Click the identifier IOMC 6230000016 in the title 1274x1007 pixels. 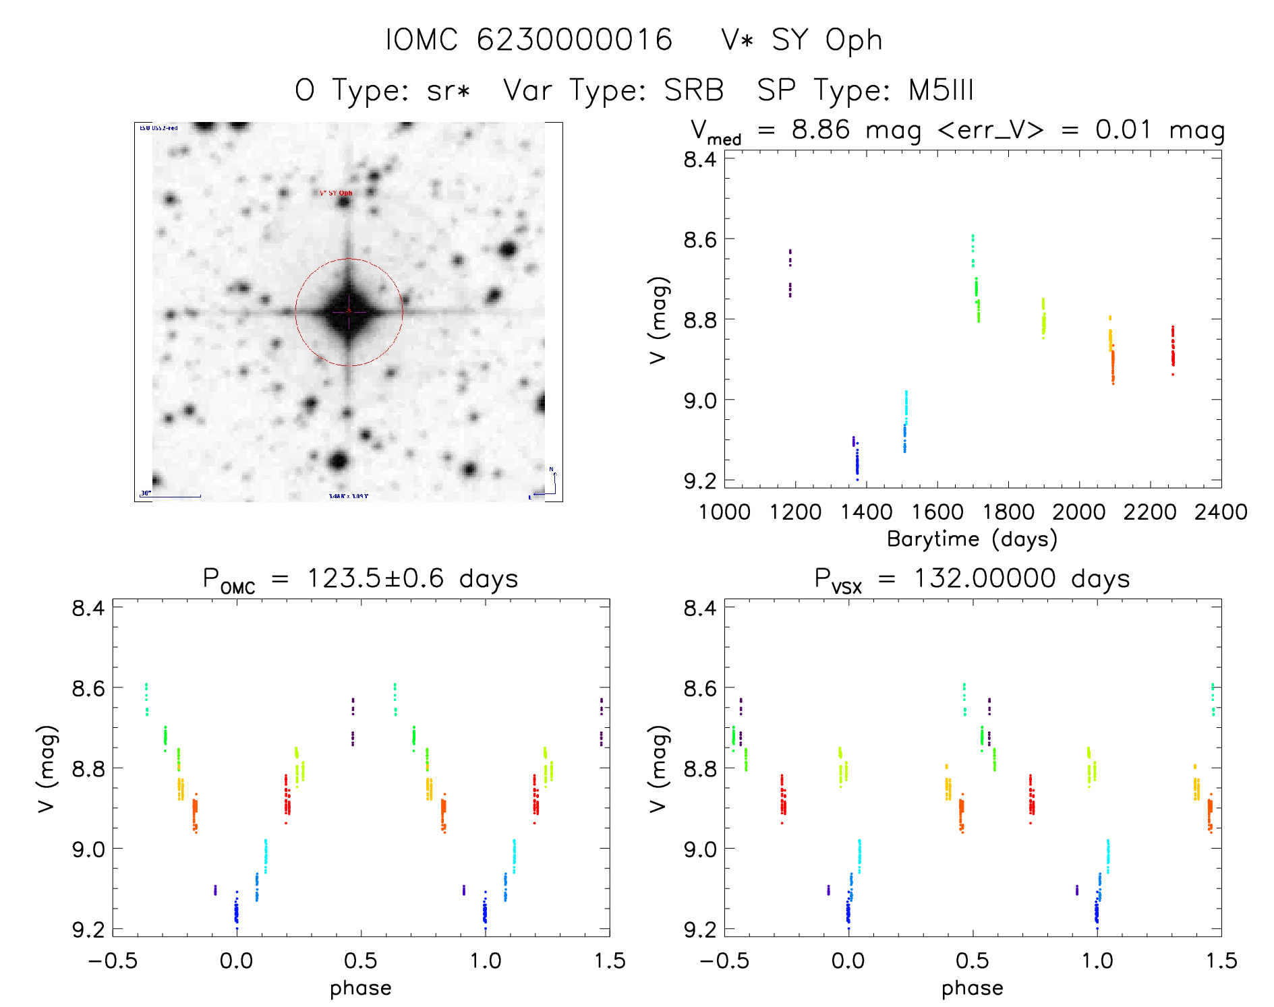529,40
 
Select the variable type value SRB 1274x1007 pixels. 693,90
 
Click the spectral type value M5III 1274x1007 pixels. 941,90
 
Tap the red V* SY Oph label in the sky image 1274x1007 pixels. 335,193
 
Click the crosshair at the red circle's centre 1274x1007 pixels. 349,311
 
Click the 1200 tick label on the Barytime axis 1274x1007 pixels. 795,512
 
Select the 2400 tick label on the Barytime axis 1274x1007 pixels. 1221,512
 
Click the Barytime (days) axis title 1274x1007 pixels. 972,539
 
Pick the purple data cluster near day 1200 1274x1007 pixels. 790,273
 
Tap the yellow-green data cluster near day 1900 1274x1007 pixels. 1043,319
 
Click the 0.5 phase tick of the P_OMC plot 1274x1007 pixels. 361,960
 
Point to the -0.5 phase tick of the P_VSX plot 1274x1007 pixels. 724,960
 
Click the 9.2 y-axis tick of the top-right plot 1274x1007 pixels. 700,481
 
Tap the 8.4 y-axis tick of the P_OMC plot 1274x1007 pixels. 88,608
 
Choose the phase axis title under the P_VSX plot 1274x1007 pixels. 972,988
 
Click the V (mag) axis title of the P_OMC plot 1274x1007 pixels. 46,768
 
